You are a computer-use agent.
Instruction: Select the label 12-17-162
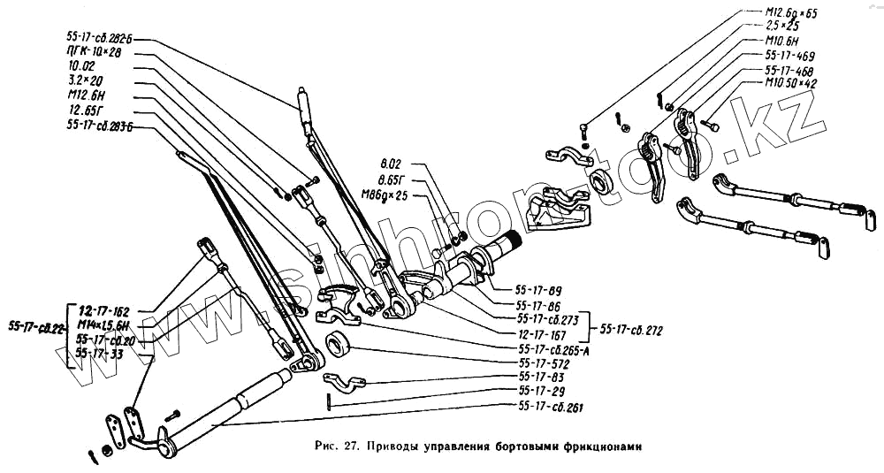(x=103, y=311)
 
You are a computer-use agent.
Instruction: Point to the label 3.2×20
(x=84, y=80)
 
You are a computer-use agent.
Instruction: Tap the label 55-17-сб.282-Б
(x=103, y=39)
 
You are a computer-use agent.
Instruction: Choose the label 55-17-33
(x=101, y=353)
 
